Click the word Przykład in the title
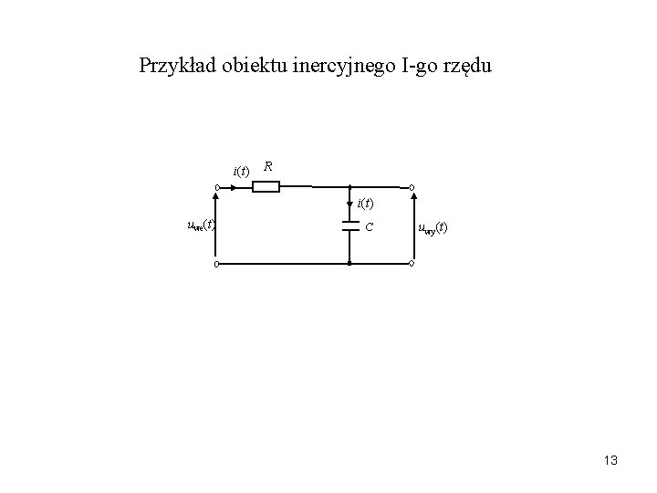[x=176, y=66]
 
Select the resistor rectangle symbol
[x=266, y=188]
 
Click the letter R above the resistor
[x=268, y=167]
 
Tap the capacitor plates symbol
[x=349, y=226]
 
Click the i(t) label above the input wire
[x=241, y=171]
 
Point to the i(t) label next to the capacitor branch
[x=365, y=203]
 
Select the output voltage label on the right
[x=433, y=227]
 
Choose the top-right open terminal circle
[x=412, y=189]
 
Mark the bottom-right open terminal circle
[x=412, y=265]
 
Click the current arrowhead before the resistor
[x=234, y=189]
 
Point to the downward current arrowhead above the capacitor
[x=349, y=204]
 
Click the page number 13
[x=610, y=460]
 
